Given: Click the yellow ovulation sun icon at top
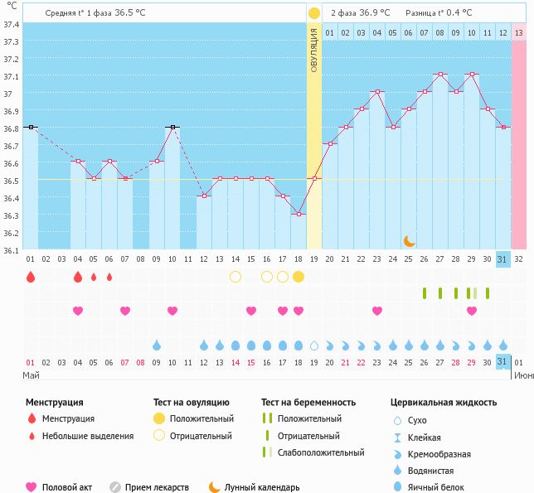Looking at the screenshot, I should pyautogui.click(x=313, y=13).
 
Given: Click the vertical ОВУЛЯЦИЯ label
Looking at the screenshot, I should pyautogui.click(x=314, y=50).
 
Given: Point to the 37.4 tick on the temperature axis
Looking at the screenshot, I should pyautogui.click(x=12, y=24).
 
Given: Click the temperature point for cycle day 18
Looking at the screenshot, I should pyautogui.click(x=299, y=214).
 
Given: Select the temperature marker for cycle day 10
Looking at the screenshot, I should pyautogui.click(x=172, y=127).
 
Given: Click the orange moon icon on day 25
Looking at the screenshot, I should pyautogui.click(x=409, y=240).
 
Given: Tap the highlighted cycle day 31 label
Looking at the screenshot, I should pyautogui.click(x=502, y=259).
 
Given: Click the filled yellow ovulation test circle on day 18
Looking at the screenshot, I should pyautogui.click(x=299, y=276).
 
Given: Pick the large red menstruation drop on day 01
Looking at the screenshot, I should pyautogui.click(x=31, y=277).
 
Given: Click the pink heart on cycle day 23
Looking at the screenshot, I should pyautogui.click(x=377, y=311).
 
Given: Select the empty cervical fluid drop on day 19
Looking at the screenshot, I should pyautogui.click(x=314, y=345).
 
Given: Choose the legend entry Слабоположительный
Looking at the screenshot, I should pyautogui.click(x=321, y=452).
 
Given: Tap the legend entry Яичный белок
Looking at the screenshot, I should pyautogui.click(x=439, y=487).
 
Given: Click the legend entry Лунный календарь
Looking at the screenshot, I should pyautogui.click(x=262, y=487).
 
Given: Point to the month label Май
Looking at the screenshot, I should pyautogui.click(x=31, y=375).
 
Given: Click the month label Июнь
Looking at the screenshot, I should pyautogui.click(x=522, y=375).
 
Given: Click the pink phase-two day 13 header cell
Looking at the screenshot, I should pyautogui.click(x=518, y=32).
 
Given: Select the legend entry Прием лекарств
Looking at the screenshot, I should pyautogui.click(x=157, y=487).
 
